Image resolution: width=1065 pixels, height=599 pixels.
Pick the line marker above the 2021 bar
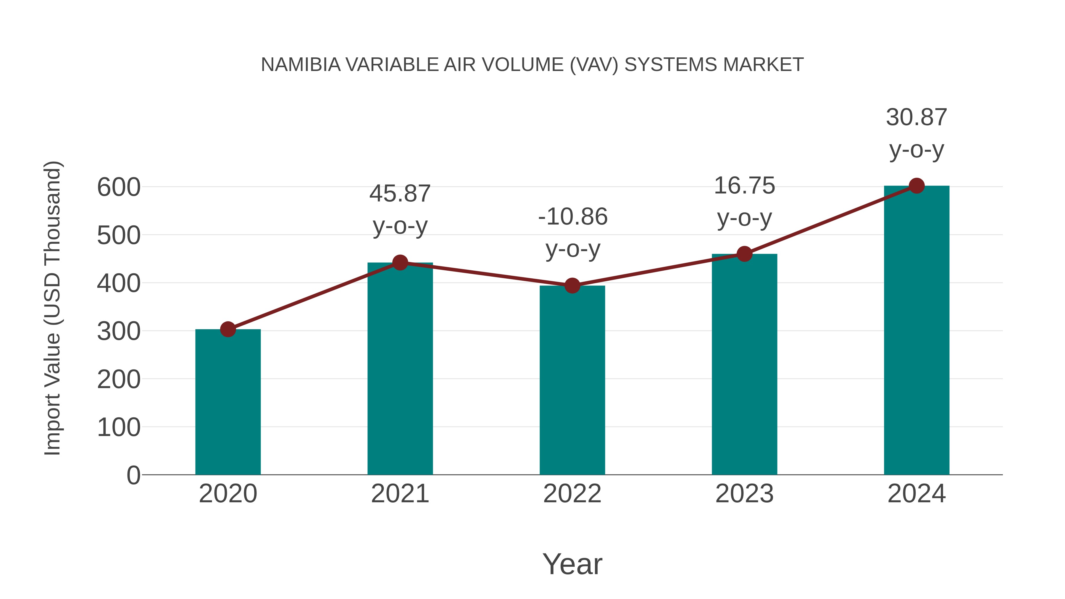point(400,262)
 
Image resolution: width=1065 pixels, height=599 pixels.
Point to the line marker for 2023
point(744,254)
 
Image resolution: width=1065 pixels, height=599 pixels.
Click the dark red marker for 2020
point(228,330)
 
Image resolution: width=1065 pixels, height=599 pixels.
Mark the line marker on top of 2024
point(916,186)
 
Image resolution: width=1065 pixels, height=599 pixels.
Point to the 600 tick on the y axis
point(119,187)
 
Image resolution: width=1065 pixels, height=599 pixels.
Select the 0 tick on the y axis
point(133,475)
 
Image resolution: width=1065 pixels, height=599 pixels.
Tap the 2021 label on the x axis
point(400,494)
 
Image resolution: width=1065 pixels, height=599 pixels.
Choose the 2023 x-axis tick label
point(744,494)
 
